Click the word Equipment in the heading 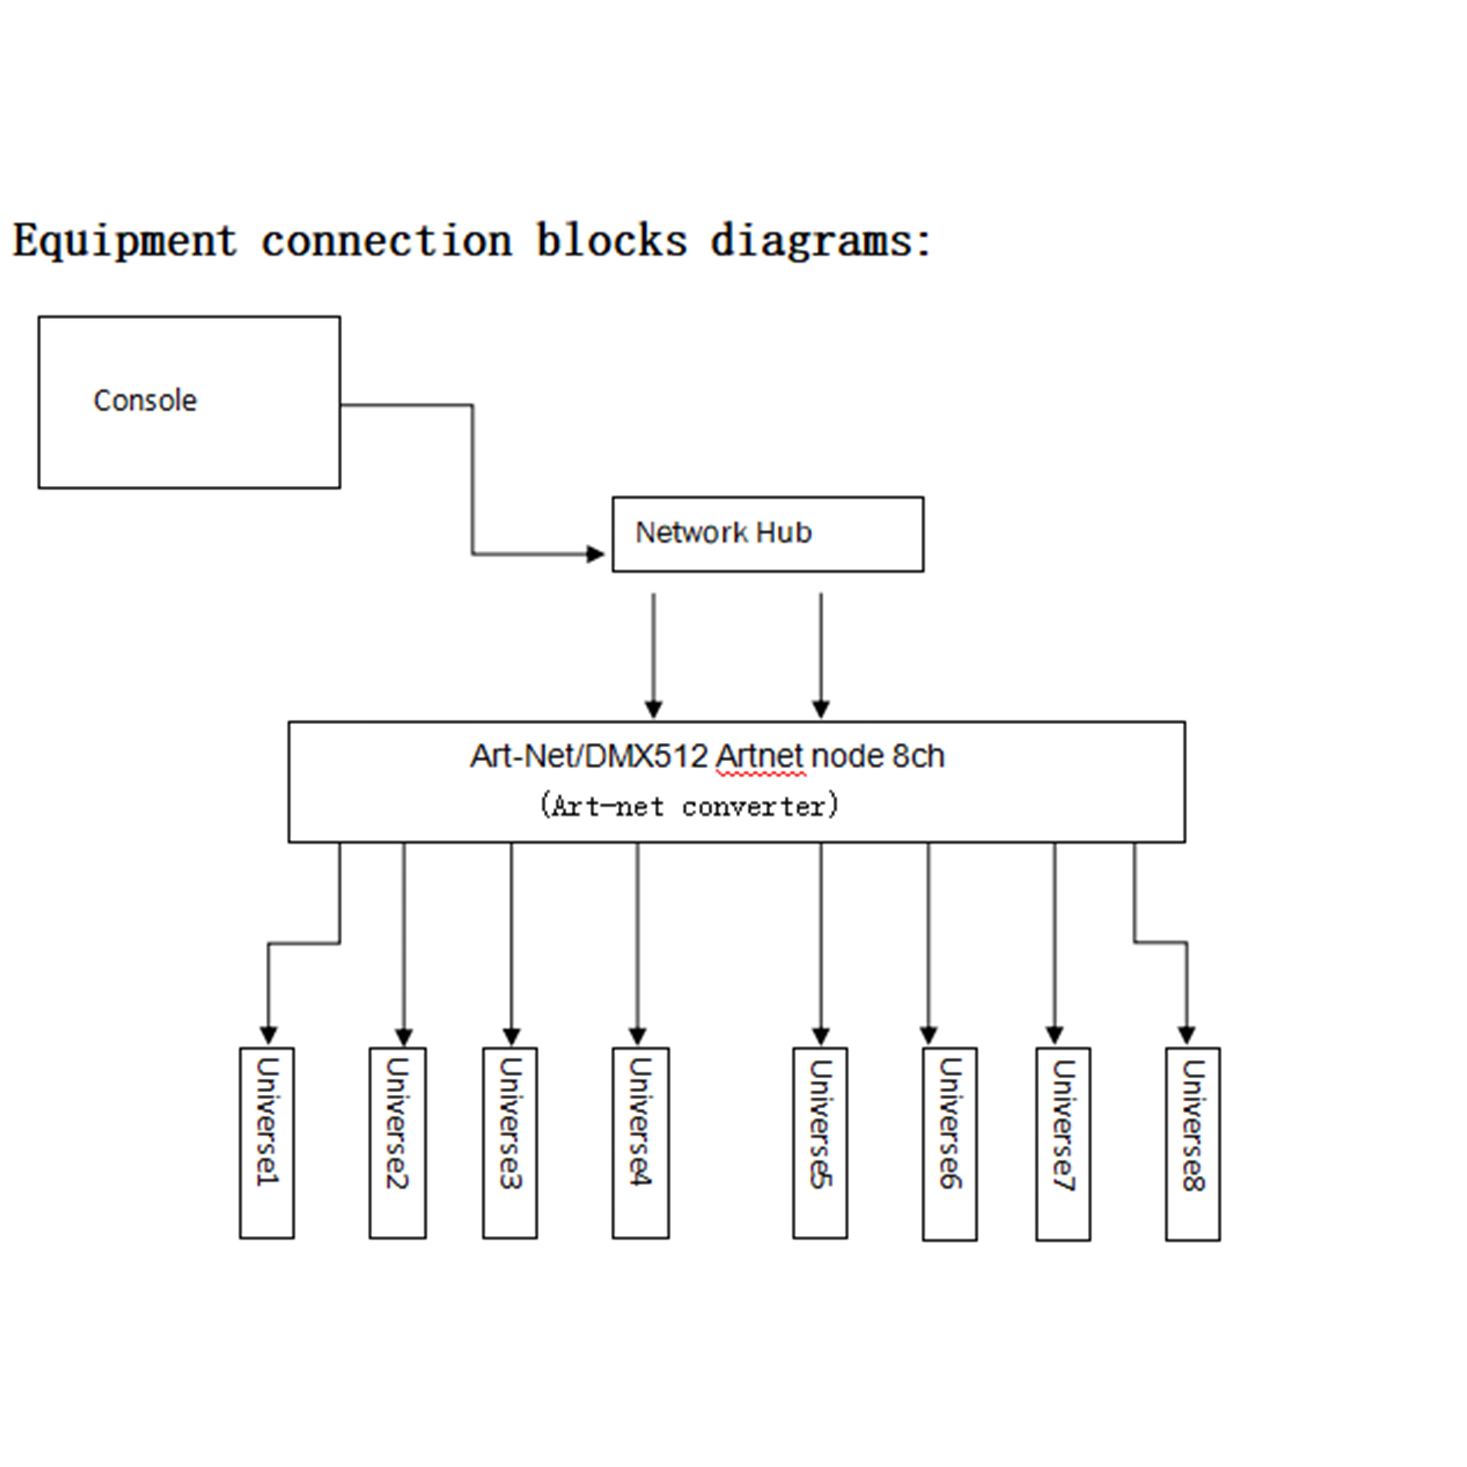coord(125,241)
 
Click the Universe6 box coord(949,1144)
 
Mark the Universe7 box coord(1063,1144)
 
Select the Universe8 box coord(1193,1144)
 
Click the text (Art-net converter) coord(689,805)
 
